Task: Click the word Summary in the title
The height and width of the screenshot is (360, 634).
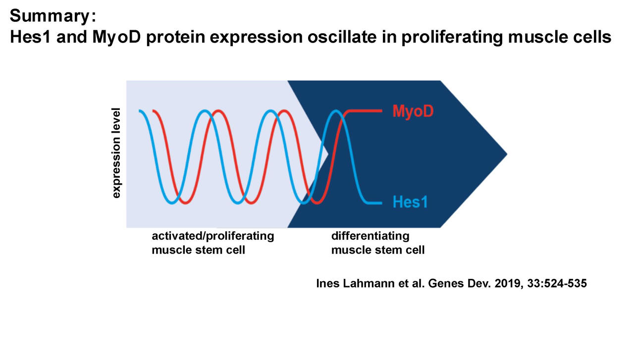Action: coord(50,16)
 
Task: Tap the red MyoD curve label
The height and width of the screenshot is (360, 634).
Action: coord(413,111)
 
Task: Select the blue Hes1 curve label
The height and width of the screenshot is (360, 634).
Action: coord(410,202)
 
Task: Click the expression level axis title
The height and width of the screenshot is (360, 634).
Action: coord(116,153)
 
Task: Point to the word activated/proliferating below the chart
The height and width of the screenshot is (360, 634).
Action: coord(213,236)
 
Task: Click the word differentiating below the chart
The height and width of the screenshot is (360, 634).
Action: coord(370,236)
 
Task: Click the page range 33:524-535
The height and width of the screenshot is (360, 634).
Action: coord(557,283)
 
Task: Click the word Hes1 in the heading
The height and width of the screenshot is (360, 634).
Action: coord(30,37)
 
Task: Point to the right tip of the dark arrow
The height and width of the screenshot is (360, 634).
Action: coord(507,154)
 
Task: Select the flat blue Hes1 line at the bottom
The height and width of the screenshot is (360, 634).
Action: coord(374,203)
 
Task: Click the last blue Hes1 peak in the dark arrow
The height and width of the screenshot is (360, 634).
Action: coord(336,111)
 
